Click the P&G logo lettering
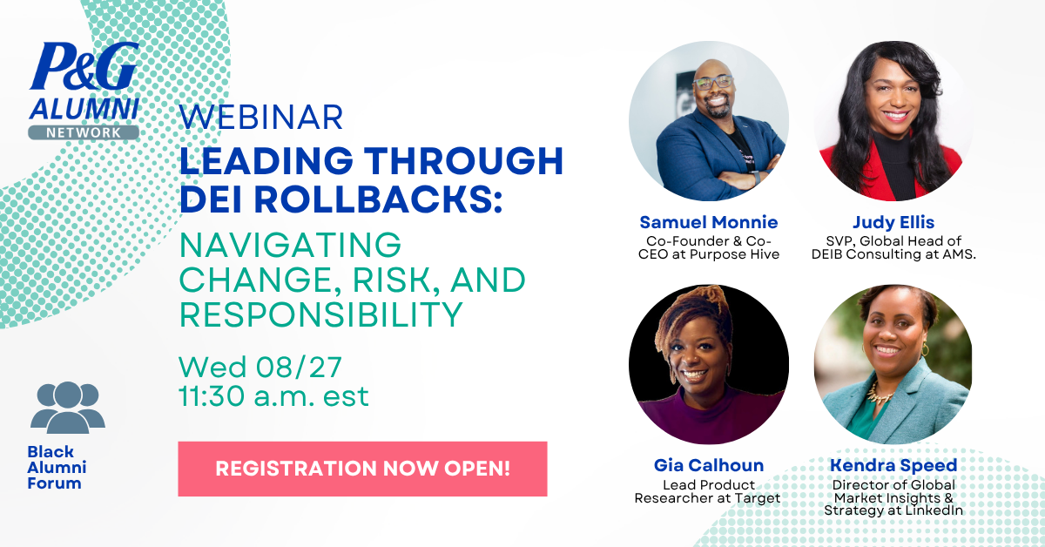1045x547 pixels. pyautogui.click(x=84, y=65)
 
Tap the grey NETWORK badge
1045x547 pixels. pyautogui.click(x=84, y=132)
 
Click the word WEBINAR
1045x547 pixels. pyautogui.click(x=262, y=117)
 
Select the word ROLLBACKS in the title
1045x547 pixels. pyautogui.click(x=377, y=199)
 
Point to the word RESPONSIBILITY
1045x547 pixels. pyautogui.click(x=321, y=314)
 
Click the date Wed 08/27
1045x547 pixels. pyautogui.click(x=260, y=367)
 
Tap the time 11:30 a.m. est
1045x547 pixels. pyautogui.click(x=273, y=396)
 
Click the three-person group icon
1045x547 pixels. pyautogui.click(x=68, y=408)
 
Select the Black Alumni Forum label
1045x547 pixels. pyautogui.click(x=57, y=467)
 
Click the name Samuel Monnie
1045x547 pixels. pyautogui.click(x=709, y=222)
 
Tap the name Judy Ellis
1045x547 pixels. pyautogui.click(x=893, y=222)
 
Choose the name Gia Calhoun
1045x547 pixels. pyautogui.click(x=709, y=465)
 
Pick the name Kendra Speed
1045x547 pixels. pyautogui.click(x=893, y=465)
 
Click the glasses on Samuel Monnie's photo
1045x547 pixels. pyautogui.click(x=714, y=83)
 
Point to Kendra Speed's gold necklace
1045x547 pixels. pyautogui.click(x=880, y=394)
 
